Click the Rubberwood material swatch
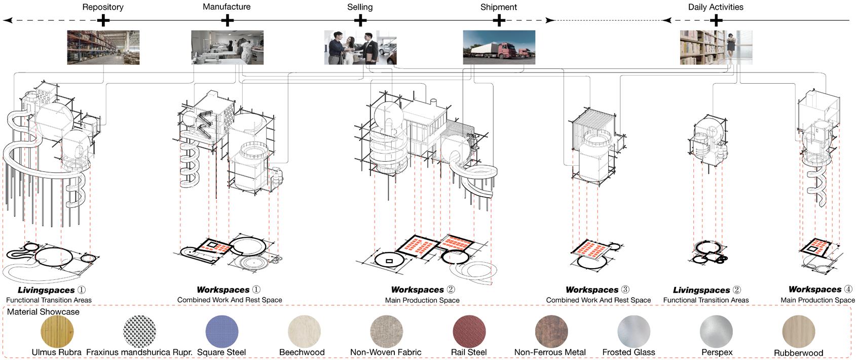[799, 332]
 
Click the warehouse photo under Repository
[103, 47]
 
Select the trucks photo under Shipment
[499, 47]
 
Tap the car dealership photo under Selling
[360, 47]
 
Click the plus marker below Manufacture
[227, 20]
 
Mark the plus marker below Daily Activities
[716, 20]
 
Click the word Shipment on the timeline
[499, 7]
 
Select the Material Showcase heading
[43, 312]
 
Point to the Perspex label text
[717, 352]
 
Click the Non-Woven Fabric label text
[386, 352]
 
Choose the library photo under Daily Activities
[716, 47]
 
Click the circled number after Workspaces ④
[848, 290]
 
